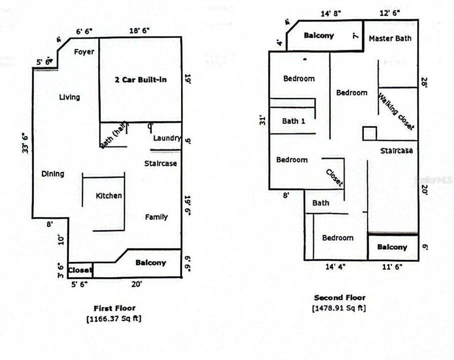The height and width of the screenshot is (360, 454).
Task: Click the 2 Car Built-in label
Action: point(141,79)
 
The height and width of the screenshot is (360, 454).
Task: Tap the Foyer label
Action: point(84,51)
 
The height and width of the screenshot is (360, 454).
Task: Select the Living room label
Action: point(69,97)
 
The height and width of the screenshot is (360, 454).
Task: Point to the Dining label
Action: point(52,174)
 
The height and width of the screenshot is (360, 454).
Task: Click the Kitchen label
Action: point(108,195)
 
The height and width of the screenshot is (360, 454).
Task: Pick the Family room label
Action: point(156,217)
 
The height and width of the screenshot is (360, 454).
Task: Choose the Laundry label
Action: point(166,138)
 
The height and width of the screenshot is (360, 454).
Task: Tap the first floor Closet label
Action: point(80,270)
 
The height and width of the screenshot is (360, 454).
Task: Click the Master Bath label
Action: point(390,38)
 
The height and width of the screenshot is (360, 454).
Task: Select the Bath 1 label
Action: point(293,121)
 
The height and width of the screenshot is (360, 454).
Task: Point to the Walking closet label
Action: point(396,111)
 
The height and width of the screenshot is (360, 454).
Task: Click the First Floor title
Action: point(114,308)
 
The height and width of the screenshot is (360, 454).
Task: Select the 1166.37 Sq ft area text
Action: point(114,318)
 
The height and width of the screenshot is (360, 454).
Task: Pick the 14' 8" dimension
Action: point(330,13)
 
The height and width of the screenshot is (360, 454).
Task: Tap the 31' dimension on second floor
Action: point(263,120)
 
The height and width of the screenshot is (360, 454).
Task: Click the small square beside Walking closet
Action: point(369,133)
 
